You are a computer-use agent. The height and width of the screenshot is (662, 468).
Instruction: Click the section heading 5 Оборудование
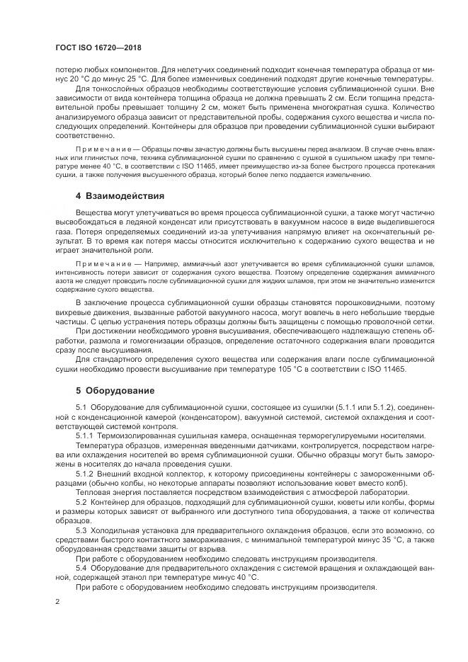115,389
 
